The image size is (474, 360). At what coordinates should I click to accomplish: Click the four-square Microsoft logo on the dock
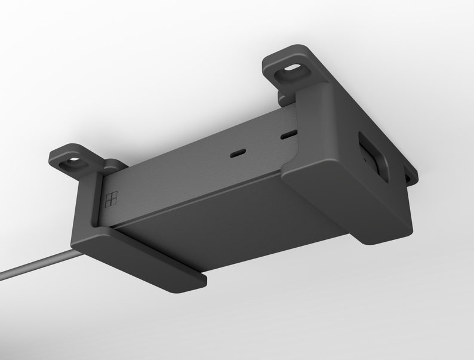111,200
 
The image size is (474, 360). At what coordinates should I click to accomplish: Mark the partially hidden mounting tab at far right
410,174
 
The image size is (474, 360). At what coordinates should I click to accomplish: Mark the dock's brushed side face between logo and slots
179,173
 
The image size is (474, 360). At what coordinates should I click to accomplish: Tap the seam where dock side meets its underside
197,199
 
